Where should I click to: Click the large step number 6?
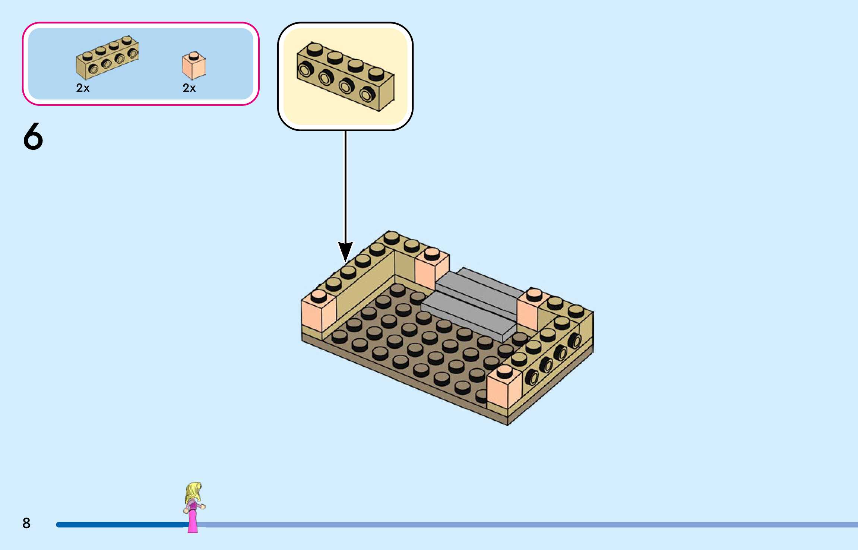[x=33, y=137]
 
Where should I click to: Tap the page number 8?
[x=26, y=523]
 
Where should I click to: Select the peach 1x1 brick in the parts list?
[x=193, y=66]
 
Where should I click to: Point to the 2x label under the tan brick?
[x=83, y=88]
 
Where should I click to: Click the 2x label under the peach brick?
[x=189, y=88]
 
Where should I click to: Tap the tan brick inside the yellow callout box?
[x=345, y=77]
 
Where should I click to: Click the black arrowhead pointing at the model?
[x=345, y=251]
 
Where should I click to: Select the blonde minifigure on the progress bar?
[x=193, y=507]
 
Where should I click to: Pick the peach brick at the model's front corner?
[x=504, y=390]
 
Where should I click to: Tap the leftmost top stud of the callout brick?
[x=315, y=49]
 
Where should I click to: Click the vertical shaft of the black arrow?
[x=345, y=186]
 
